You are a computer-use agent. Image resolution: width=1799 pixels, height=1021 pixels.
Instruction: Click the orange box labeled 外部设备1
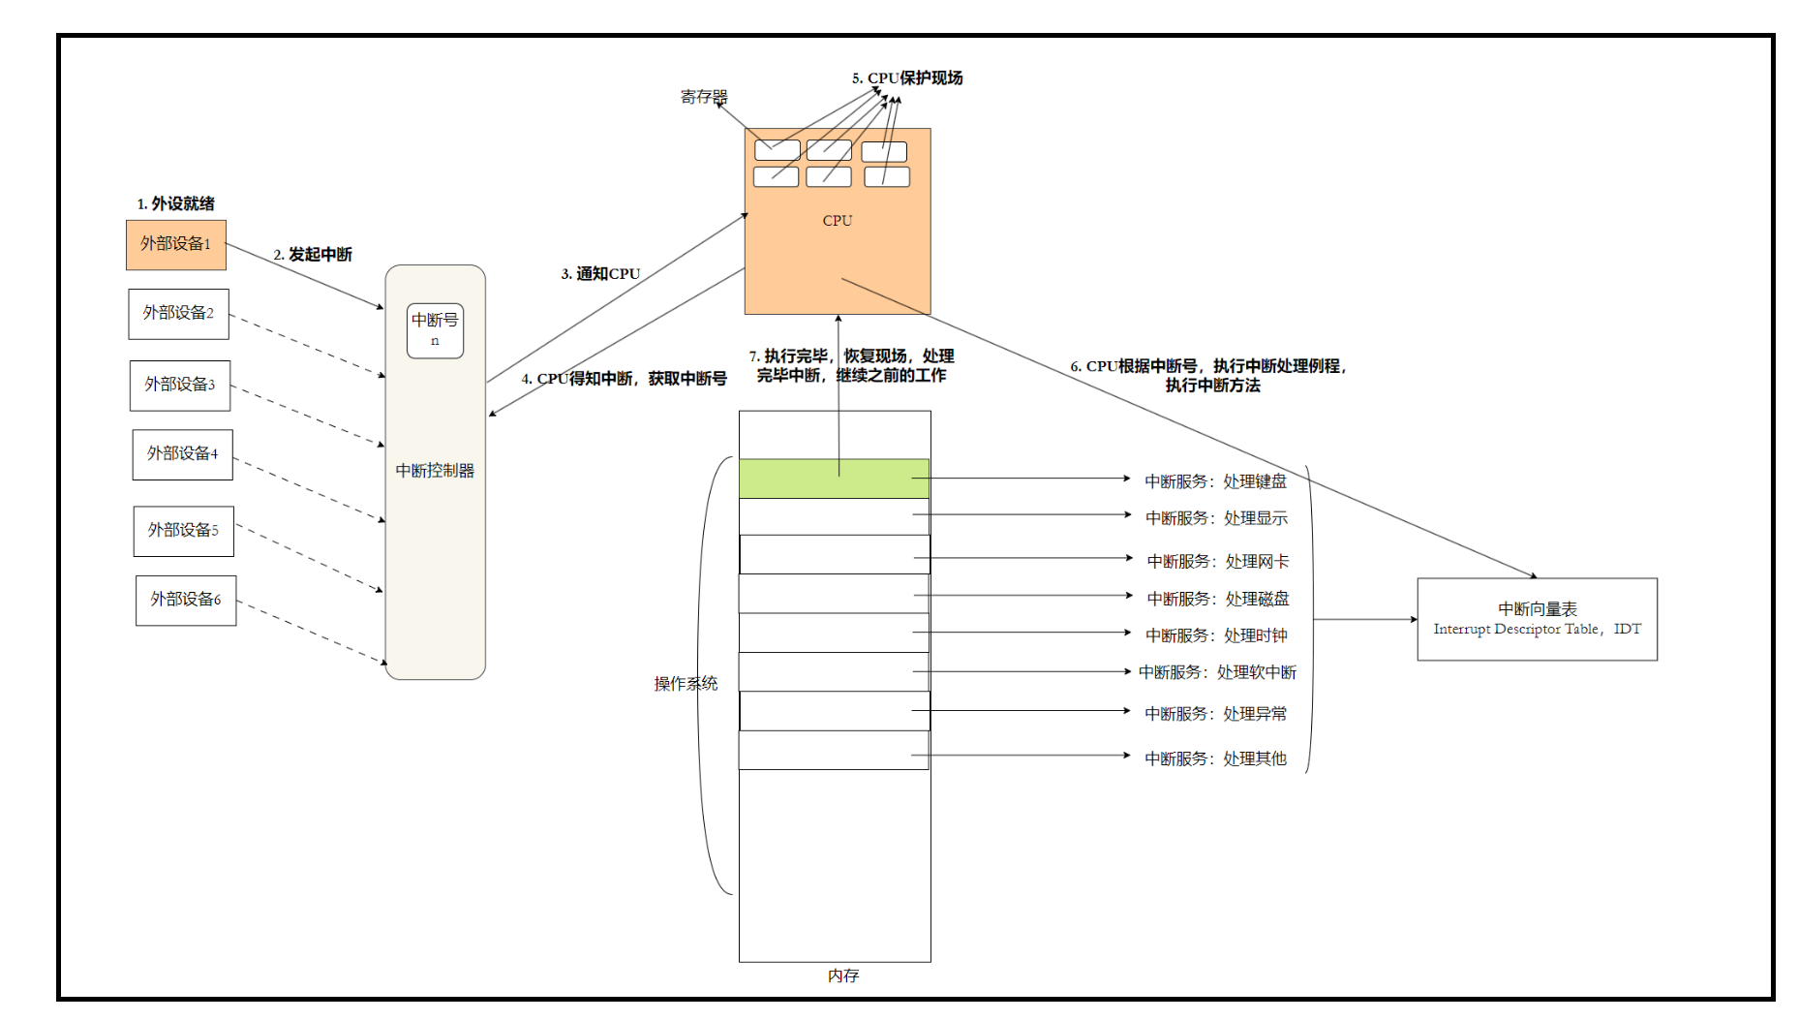pos(175,244)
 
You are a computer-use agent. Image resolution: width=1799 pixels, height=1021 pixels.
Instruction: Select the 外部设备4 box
pos(182,454)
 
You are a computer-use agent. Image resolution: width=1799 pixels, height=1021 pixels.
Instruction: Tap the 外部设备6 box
pos(186,601)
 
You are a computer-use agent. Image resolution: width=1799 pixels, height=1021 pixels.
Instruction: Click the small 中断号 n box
pos(435,330)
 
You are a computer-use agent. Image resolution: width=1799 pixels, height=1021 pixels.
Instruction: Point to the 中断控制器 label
pos(435,471)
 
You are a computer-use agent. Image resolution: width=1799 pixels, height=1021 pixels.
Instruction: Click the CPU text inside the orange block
pos(838,221)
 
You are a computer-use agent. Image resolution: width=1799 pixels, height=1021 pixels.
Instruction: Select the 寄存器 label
pos(703,97)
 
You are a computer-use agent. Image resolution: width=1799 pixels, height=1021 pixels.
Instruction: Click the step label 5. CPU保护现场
pos(907,78)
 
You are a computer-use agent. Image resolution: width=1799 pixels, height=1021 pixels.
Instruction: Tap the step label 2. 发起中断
pos(313,255)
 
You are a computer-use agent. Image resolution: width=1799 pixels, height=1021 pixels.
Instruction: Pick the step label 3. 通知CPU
pos(600,274)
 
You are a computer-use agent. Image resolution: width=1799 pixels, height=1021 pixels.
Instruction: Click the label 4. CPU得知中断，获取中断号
pos(624,379)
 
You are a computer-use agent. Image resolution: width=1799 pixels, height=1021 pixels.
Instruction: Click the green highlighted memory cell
pos(834,479)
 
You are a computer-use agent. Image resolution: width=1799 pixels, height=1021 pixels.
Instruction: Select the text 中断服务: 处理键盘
pos(1215,481)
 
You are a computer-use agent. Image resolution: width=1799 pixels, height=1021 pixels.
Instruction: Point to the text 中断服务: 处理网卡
pos(1217,562)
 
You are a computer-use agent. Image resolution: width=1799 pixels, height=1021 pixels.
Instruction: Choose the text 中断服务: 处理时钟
pos(1216,635)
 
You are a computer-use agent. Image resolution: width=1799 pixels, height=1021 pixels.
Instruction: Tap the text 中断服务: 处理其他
pos(1215,758)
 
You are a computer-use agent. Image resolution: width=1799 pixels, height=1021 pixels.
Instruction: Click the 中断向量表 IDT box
pos(1537,619)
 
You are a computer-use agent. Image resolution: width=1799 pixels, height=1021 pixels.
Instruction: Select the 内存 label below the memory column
pos(843,975)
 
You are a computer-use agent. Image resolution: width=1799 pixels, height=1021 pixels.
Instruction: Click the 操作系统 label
pos(686,684)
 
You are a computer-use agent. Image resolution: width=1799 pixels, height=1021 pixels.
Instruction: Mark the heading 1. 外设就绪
pos(176,203)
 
